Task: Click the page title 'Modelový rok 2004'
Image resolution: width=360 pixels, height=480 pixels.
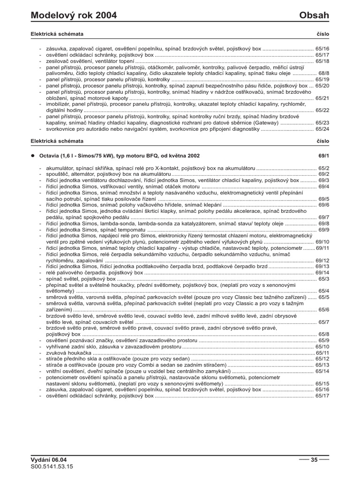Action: (x=74, y=15)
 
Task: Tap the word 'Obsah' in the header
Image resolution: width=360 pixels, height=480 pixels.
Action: (x=314, y=15)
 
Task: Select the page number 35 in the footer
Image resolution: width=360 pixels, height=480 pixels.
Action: (x=314, y=460)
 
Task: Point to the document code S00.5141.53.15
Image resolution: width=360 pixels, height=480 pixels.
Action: (x=52, y=467)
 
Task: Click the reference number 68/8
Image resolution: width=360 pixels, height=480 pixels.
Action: (x=324, y=74)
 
